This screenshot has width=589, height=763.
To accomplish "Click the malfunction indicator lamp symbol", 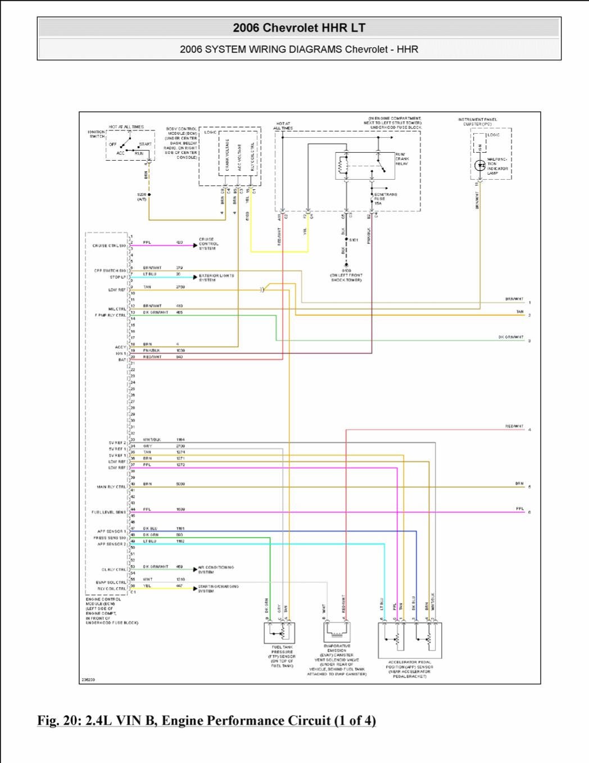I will coord(480,165).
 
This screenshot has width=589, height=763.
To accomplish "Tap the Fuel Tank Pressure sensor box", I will coord(279,633).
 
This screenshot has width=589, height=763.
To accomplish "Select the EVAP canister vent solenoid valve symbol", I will coord(337,632).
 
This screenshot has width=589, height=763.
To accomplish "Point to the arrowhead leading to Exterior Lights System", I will coord(195,277).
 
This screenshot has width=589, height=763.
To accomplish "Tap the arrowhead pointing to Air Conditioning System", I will coord(195,570).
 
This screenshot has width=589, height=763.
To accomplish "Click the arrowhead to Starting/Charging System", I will coord(195,588).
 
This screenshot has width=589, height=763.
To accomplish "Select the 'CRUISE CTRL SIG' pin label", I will coord(109,246).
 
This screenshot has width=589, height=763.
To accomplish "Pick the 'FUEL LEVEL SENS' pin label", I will coord(108,512).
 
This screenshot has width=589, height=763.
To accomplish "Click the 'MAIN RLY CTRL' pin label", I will coord(111,487).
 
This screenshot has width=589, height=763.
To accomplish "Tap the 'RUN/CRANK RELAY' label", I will coord(402,159).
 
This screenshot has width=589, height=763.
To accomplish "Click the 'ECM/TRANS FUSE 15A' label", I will coord(385,198).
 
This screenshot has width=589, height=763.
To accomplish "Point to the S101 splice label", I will coord(354,240).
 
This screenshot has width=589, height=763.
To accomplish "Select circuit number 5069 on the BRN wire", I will coord(180,484).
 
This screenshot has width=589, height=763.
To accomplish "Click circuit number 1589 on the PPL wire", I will coord(180,509).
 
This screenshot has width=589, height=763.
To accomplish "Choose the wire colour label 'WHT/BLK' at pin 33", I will coord(152,439).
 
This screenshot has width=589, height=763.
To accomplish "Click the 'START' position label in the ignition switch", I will coord(145,144).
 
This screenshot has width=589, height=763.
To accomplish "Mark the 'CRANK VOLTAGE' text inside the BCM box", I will coord(228,155).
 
